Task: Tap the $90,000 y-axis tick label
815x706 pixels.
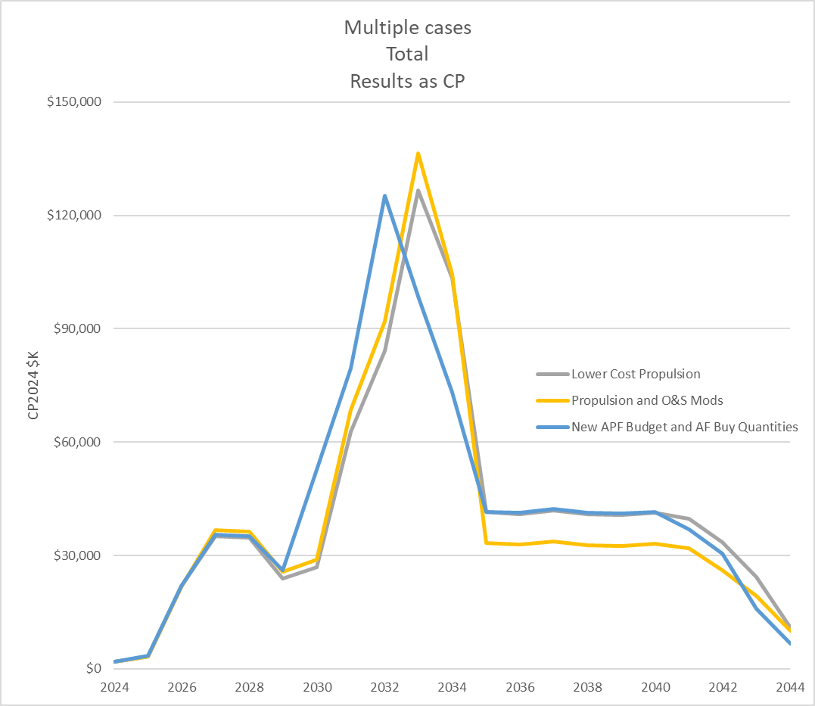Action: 73,328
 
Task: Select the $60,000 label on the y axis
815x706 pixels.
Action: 73,442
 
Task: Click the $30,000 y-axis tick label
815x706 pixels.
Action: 73,555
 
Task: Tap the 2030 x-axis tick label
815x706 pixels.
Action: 317,688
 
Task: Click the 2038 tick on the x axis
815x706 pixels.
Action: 588,688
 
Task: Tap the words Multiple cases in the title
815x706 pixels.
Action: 407,28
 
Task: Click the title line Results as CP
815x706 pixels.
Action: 407,81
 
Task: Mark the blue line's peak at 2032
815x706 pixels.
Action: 385,195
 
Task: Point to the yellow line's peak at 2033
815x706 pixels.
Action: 418,154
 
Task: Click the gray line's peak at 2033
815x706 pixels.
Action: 418,190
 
